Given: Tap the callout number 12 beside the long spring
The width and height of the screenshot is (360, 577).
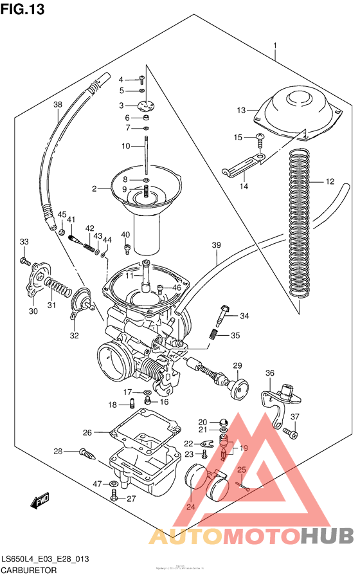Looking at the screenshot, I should [x=329, y=182].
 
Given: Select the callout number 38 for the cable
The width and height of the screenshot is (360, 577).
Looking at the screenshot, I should [x=58, y=105].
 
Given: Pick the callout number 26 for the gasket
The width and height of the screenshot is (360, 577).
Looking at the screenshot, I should [x=87, y=432].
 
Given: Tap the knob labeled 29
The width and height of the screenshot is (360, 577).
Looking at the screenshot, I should [x=239, y=388].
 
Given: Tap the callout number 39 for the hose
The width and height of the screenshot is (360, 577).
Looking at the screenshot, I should [x=216, y=245].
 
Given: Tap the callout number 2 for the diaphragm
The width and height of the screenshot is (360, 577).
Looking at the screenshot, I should [x=94, y=189].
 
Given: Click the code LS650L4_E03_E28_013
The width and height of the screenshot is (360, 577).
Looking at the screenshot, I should [x=44, y=559].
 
